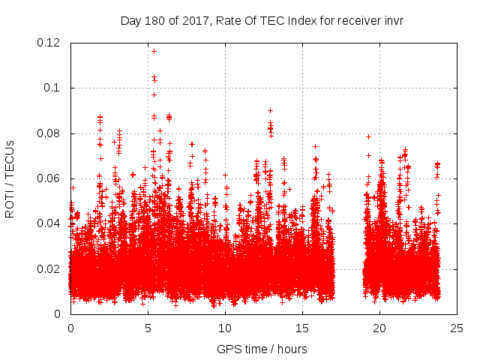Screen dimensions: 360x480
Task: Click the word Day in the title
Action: pyautogui.click(x=130, y=20)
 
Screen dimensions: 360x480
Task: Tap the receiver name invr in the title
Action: pyautogui.click(x=393, y=20)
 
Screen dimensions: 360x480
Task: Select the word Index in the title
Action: pyautogui.click(x=301, y=20)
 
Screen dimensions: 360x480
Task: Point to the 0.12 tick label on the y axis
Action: pyautogui.click(x=49, y=43)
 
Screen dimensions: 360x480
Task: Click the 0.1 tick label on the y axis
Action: pyautogui.click(x=53, y=88)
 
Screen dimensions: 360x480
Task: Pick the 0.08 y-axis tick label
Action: pyautogui.click(x=49, y=133)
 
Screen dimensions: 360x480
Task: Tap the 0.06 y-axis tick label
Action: pyautogui.click(x=49, y=178)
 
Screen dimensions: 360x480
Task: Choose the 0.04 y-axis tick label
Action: pyautogui.click(x=49, y=223)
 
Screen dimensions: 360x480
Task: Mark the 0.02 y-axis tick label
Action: pyautogui.click(x=49, y=268)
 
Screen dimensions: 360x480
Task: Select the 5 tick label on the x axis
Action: pyautogui.click(x=148, y=328)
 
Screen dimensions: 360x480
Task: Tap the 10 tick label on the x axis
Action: pyautogui.click(x=225, y=328)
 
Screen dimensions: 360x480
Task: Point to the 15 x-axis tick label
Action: pyautogui.click(x=302, y=328)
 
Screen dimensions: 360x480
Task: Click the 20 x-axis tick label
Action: pyautogui.click(x=379, y=328)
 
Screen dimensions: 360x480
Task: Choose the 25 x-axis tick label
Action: pyautogui.click(x=457, y=328)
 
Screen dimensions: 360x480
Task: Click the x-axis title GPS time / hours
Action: pyautogui.click(x=262, y=349)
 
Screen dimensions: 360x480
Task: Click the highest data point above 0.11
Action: pyautogui.click(x=154, y=51)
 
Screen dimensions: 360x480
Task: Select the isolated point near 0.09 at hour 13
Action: pyautogui.click(x=270, y=110)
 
